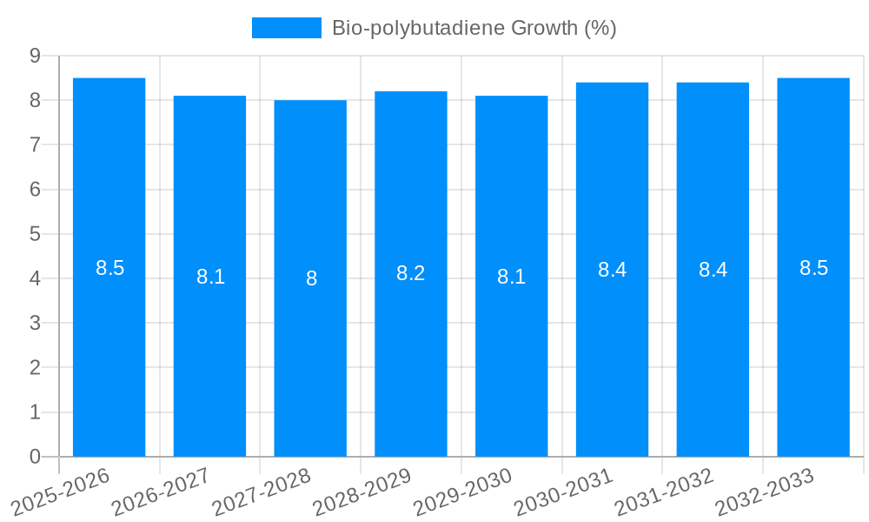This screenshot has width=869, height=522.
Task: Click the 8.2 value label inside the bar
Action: tap(410, 273)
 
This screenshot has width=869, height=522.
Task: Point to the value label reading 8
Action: tap(311, 279)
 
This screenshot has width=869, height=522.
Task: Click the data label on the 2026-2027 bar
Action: tap(210, 277)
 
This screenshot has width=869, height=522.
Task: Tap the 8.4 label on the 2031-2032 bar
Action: tap(713, 270)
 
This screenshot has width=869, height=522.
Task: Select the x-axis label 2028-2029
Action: tap(363, 492)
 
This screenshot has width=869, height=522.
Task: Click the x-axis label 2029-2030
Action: tap(464, 492)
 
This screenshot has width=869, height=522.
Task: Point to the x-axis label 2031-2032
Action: tap(665, 492)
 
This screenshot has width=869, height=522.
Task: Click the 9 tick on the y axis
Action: tap(36, 56)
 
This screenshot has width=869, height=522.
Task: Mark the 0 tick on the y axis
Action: tap(36, 457)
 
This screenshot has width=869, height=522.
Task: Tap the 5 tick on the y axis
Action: tap(36, 234)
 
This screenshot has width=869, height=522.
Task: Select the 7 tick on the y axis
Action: tap(36, 144)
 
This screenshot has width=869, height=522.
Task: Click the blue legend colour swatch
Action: tap(286, 28)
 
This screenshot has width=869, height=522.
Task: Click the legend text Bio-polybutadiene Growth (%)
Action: tap(474, 28)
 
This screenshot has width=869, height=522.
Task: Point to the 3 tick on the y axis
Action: tap(36, 323)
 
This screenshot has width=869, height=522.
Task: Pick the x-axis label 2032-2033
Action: tap(766, 492)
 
